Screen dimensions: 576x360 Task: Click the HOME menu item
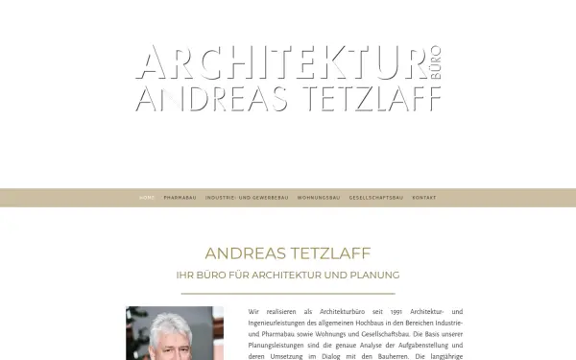(147, 198)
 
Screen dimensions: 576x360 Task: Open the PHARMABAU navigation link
(180, 198)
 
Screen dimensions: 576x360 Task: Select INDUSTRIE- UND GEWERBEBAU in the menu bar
(247, 198)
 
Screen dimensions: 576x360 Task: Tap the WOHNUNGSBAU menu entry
(319, 198)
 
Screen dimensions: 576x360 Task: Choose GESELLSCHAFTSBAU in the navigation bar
(375, 198)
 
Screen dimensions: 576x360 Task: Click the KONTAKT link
(423, 198)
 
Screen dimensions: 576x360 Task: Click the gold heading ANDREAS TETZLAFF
(287, 253)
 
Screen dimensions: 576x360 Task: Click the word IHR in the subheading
(184, 275)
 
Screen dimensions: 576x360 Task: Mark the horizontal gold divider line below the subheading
(287, 293)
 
